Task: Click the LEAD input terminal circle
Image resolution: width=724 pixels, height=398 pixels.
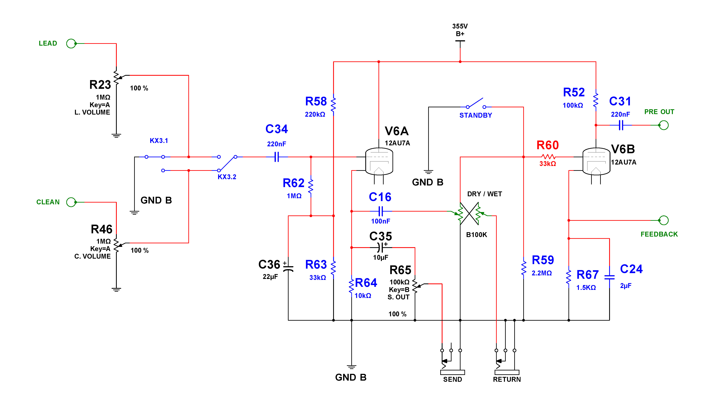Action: pos(71,44)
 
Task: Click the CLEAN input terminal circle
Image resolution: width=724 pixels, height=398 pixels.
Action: pos(71,202)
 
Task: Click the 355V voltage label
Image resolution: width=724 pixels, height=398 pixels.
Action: pos(460,26)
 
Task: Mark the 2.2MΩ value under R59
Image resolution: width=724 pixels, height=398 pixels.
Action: pos(542,273)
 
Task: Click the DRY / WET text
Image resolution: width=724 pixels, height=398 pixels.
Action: pos(484,194)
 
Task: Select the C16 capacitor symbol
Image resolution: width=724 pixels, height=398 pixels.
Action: pos(381,211)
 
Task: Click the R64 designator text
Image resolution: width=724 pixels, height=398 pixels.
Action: pos(366,283)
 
